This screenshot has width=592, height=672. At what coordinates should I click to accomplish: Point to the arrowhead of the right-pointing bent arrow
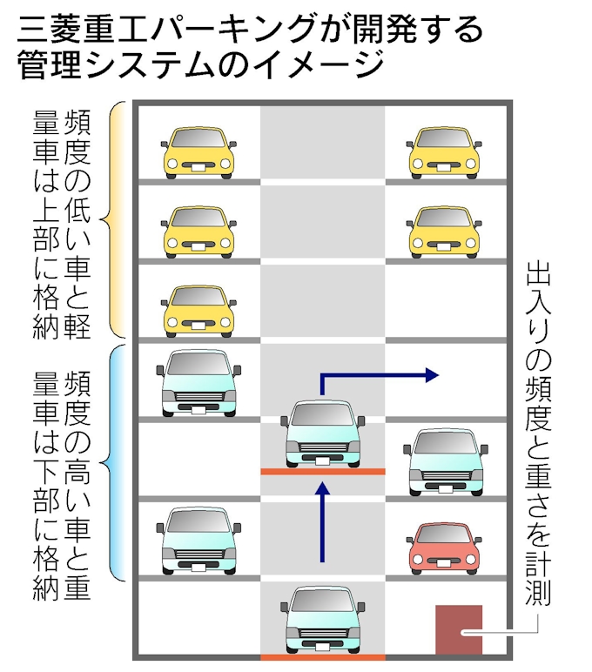pos(431,375)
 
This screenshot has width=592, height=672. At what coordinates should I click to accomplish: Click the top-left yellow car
pos(198,151)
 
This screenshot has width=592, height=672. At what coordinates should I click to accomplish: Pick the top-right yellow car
pos(445,151)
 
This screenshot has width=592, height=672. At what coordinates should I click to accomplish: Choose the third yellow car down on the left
pos(198,310)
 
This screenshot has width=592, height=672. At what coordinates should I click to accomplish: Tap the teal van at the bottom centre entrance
pos(322,620)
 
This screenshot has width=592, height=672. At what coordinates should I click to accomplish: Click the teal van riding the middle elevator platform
pos(322,433)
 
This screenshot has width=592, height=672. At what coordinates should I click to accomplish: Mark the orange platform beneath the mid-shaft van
pos(322,471)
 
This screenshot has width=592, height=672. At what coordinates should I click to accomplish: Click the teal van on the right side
pos(445,462)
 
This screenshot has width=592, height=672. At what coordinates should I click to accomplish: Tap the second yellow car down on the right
pos(445,231)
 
